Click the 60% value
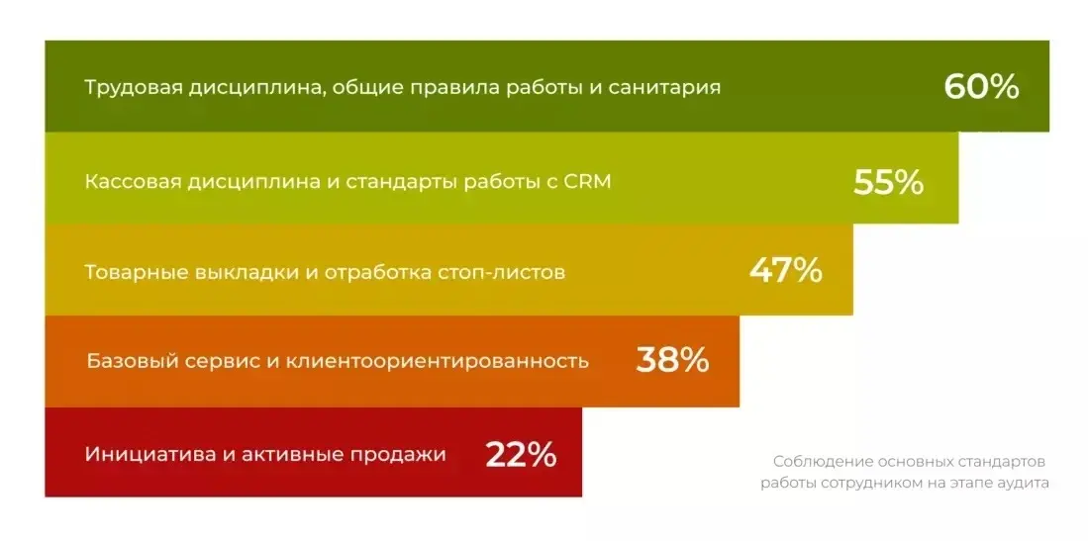click(x=981, y=87)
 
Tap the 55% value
click(x=888, y=182)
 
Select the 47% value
click(x=786, y=271)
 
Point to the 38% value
click(x=672, y=360)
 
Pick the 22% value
click(x=521, y=454)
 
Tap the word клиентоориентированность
click(x=438, y=361)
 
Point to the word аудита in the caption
click(x=1024, y=483)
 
